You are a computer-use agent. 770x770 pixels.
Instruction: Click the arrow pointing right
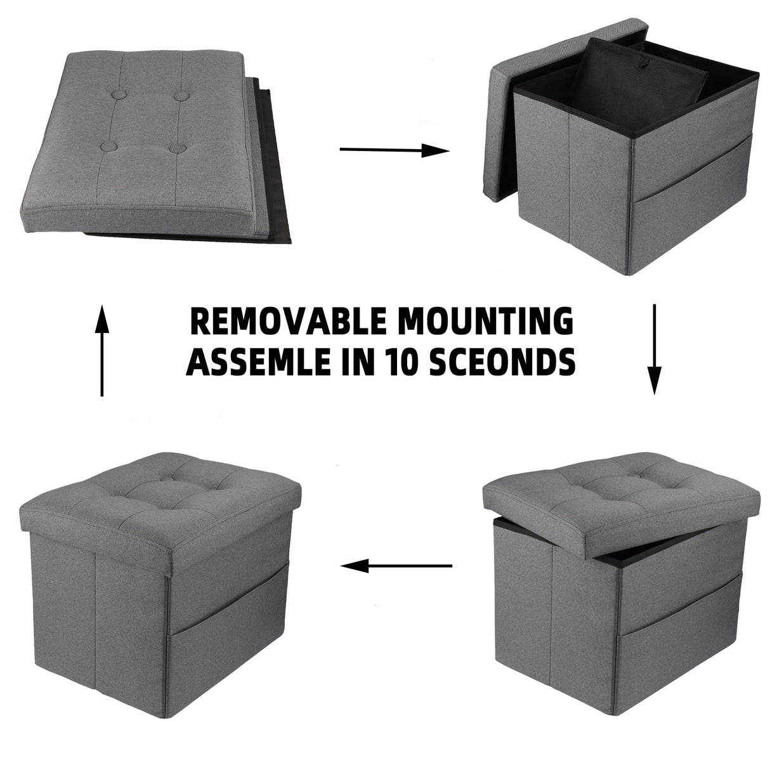click(x=395, y=150)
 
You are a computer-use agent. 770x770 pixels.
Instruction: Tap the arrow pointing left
click(x=396, y=564)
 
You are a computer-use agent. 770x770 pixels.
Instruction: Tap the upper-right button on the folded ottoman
click(x=183, y=96)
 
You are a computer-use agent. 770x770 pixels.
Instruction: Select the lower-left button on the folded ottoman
click(x=107, y=146)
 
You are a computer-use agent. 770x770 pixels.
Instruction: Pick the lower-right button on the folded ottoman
click(x=178, y=148)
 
